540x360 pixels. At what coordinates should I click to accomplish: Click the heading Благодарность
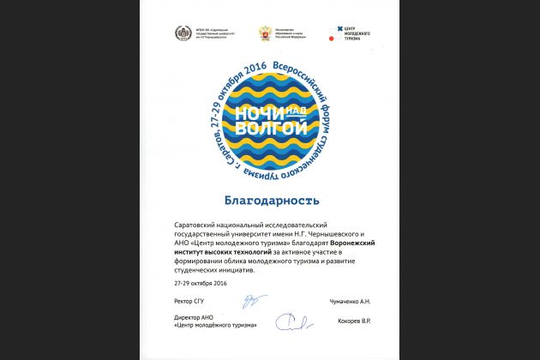click(271, 201)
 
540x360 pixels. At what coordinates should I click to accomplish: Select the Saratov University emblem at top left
click(183, 33)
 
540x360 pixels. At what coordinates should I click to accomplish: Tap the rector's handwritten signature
click(251, 302)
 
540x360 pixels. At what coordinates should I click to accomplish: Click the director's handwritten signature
click(291, 321)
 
